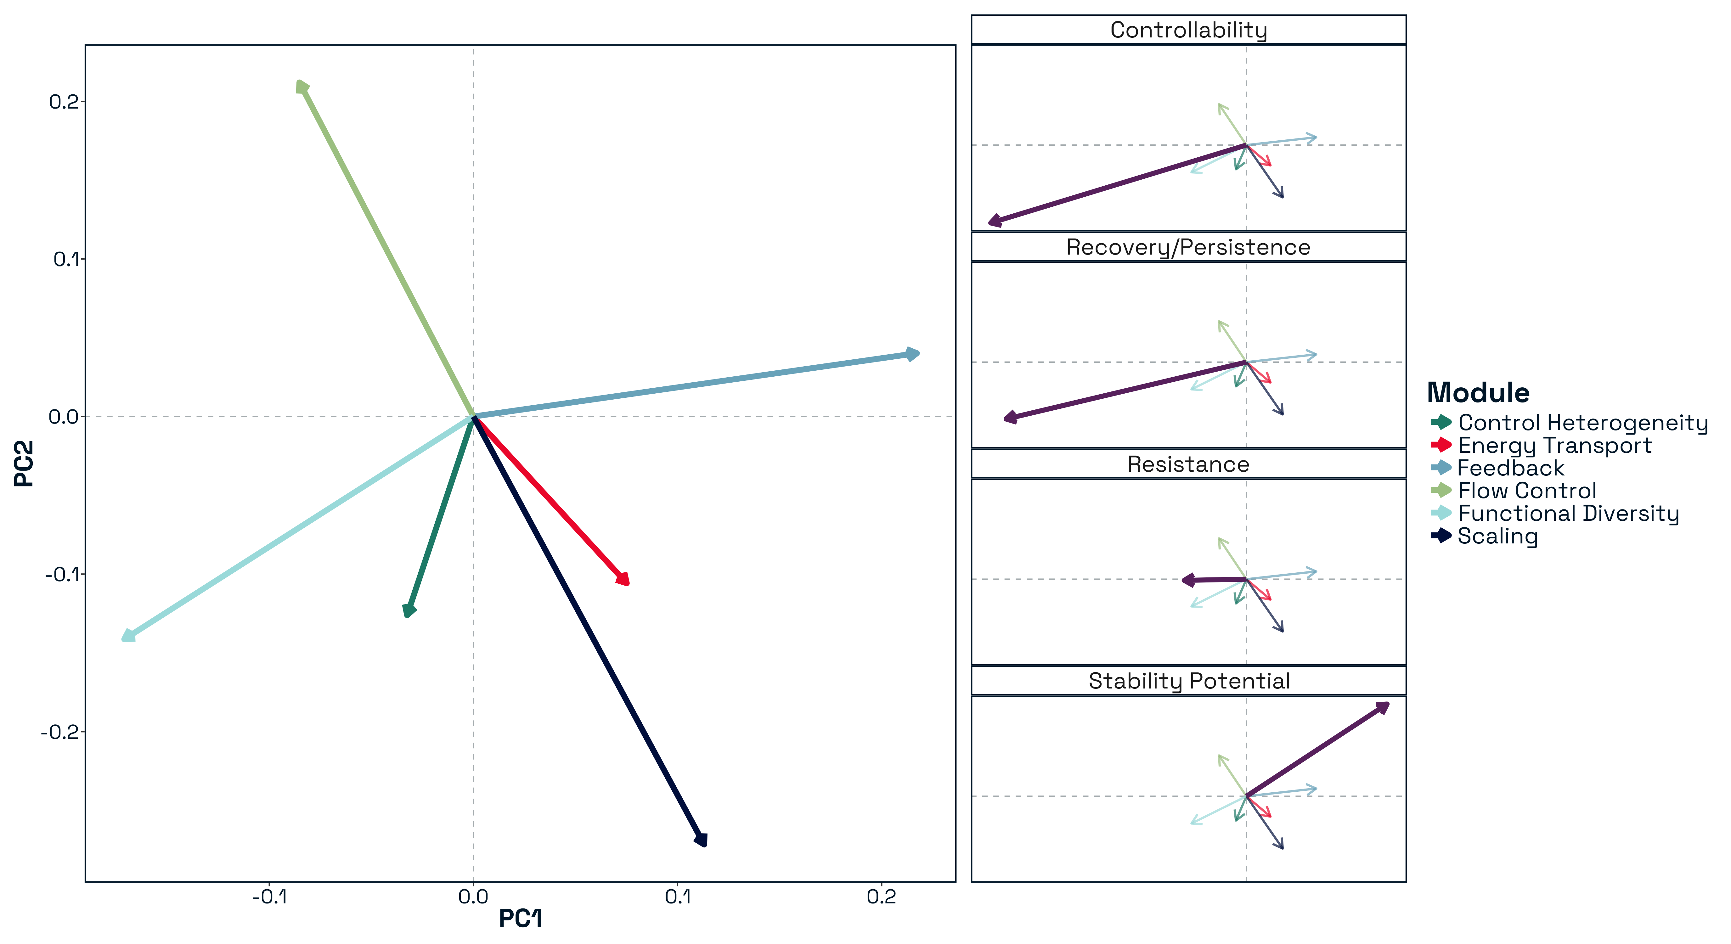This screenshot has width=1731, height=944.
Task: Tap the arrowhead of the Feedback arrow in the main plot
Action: click(x=915, y=353)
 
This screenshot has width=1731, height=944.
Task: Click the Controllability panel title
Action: click(x=1188, y=30)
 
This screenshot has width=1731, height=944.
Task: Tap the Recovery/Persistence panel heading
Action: click(x=1188, y=247)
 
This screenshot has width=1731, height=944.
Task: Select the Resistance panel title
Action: click(x=1188, y=464)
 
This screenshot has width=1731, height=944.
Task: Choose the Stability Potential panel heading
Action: click(x=1188, y=681)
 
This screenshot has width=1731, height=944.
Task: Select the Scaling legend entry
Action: click(x=1497, y=536)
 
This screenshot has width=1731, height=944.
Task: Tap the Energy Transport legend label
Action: click(x=1554, y=446)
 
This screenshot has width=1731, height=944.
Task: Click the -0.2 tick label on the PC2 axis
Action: click(x=63, y=732)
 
